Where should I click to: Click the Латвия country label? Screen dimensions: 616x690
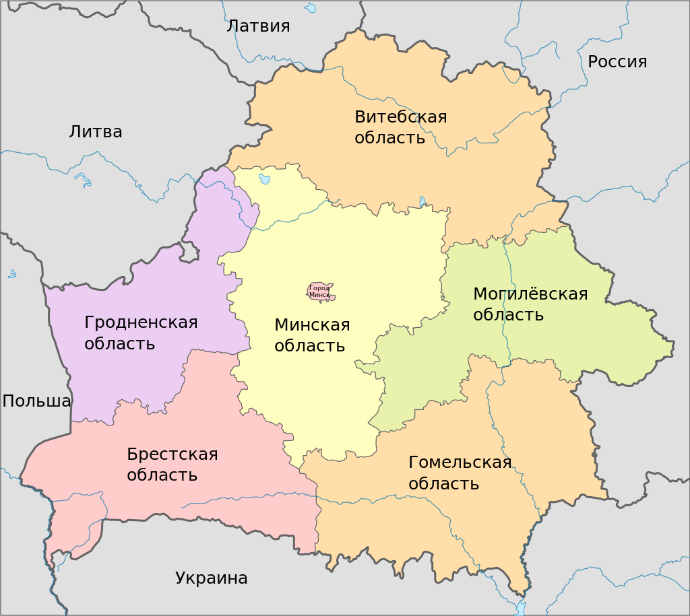click(x=258, y=26)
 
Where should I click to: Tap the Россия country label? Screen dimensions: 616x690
click(x=617, y=62)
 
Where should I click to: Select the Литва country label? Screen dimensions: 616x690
click(x=96, y=132)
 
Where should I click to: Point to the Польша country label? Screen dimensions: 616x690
click(x=36, y=401)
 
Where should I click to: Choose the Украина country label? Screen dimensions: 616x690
click(x=212, y=578)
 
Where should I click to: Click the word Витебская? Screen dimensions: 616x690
click(x=400, y=117)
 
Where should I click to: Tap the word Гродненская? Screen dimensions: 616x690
click(x=141, y=322)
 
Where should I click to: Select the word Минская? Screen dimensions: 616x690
click(x=312, y=325)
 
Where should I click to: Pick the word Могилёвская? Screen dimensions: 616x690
click(x=530, y=294)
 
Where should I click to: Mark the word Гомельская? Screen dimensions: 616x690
click(x=460, y=463)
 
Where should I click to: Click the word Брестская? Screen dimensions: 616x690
click(x=172, y=454)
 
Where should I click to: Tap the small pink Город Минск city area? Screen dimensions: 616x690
click(x=320, y=292)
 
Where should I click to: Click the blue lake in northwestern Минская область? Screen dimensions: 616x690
click(x=264, y=178)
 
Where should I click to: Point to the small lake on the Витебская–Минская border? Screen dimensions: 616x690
click(x=422, y=201)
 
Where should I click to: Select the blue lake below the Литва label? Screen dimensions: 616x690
click(x=83, y=180)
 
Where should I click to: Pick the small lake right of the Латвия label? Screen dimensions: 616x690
click(x=310, y=8)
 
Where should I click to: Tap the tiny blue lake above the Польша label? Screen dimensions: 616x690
click(x=11, y=274)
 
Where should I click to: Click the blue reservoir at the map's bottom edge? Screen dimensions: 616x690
click(x=520, y=608)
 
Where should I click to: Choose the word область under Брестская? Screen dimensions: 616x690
click(x=162, y=475)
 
